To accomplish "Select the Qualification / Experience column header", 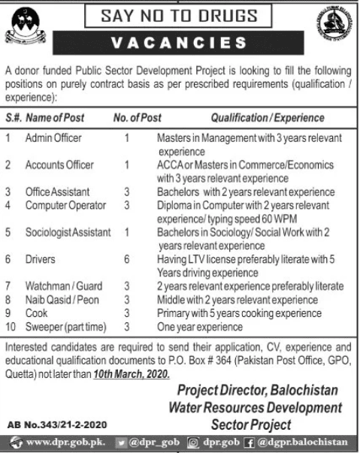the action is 268,118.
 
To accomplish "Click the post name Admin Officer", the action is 53,138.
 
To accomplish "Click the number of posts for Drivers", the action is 128,258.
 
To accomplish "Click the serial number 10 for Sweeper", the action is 10,325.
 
